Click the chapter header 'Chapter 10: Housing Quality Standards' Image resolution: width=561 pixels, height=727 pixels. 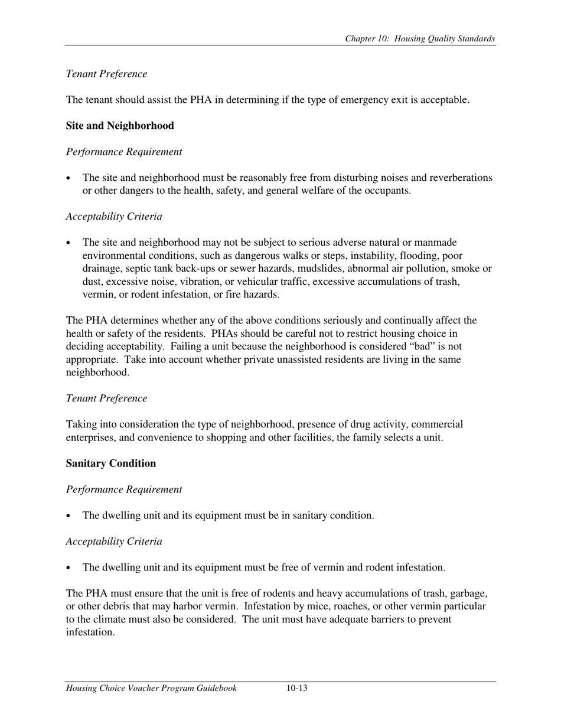pos(420,39)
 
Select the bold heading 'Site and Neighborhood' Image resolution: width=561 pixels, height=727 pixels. pos(120,126)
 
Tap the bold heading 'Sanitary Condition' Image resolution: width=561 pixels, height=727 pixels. pos(111,463)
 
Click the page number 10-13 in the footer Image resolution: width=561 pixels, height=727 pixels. pos(297,688)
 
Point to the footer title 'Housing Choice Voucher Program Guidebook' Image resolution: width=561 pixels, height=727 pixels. pos(152,688)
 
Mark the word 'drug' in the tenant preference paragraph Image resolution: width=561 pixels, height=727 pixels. pos(358,424)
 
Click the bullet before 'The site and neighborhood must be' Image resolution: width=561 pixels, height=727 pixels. pos(69,178)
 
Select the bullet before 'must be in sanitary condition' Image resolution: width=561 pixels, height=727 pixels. pos(69,516)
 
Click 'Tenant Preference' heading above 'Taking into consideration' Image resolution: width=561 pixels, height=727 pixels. pos(106,398)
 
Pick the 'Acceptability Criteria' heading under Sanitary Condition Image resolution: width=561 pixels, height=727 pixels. pos(114,541)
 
